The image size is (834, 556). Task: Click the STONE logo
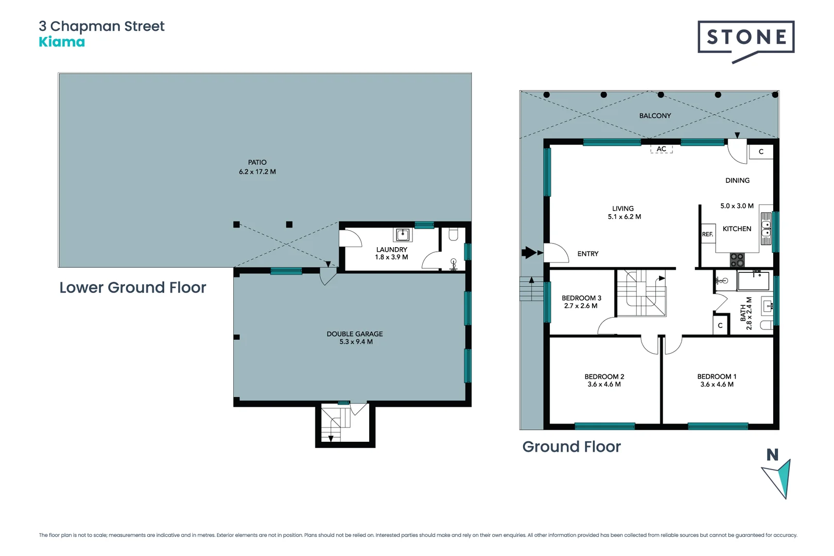(x=745, y=37)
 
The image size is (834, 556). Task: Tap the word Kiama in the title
(x=62, y=42)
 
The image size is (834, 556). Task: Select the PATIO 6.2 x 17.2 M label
(x=257, y=167)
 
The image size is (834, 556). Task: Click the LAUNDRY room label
(x=391, y=250)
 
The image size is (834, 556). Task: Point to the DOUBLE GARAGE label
(x=355, y=334)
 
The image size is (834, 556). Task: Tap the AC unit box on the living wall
(x=662, y=149)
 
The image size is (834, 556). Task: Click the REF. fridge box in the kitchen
(x=708, y=234)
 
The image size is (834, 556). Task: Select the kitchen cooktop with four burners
(x=737, y=259)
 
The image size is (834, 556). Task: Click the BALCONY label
(x=655, y=116)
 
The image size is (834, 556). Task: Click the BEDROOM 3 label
(x=581, y=298)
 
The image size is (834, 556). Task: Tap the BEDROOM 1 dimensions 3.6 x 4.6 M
(x=717, y=385)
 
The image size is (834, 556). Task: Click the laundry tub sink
(x=403, y=235)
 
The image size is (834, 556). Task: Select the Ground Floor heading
(x=571, y=446)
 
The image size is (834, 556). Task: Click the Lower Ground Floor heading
(x=132, y=287)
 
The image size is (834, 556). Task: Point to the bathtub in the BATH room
(x=753, y=281)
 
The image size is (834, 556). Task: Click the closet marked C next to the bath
(x=720, y=325)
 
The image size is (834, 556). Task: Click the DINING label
(x=737, y=181)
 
